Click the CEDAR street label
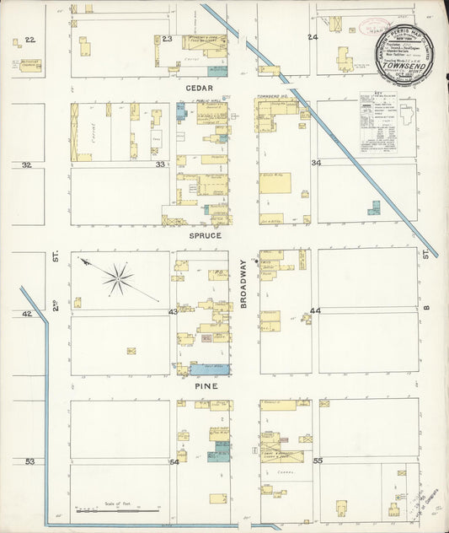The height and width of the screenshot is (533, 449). [199, 88]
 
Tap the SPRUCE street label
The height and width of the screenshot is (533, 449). [205, 235]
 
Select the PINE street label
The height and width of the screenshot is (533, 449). [206, 385]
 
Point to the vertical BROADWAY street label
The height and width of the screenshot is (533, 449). [243, 283]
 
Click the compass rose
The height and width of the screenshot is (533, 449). [120, 278]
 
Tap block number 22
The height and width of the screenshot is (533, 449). [30, 40]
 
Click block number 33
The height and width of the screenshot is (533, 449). [160, 164]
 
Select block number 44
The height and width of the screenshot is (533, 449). [315, 311]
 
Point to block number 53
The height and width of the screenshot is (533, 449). [30, 461]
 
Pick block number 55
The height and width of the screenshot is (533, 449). [318, 461]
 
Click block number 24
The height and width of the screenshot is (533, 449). [312, 38]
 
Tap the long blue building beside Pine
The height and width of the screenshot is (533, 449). [210, 369]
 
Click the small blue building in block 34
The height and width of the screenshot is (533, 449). [373, 207]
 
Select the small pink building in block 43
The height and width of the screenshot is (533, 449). [205, 338]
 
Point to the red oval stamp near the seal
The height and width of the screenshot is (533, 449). [373, 25]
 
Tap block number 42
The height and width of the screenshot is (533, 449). [27, 313]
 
